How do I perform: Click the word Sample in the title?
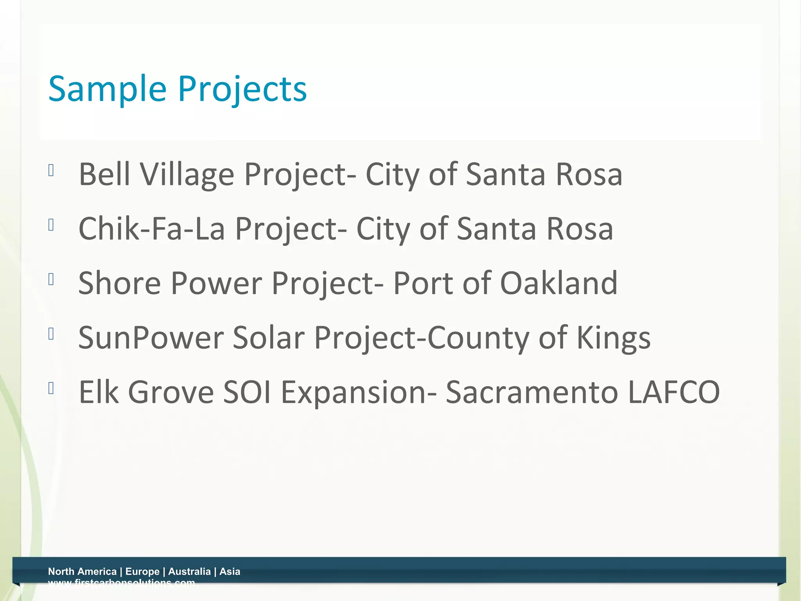(107, 89)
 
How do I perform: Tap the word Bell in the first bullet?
(104, 174)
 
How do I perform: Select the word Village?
(187, 174)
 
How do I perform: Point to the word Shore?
(119, 283)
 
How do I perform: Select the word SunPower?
(151, 337)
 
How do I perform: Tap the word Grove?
(171, 392)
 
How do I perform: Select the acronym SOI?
(247, 392)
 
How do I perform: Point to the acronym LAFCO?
(673, 392)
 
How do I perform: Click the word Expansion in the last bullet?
(354, 392)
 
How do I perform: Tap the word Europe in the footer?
(142, 572)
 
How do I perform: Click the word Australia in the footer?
(189, 572)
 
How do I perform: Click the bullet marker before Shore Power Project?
(51, 279)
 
